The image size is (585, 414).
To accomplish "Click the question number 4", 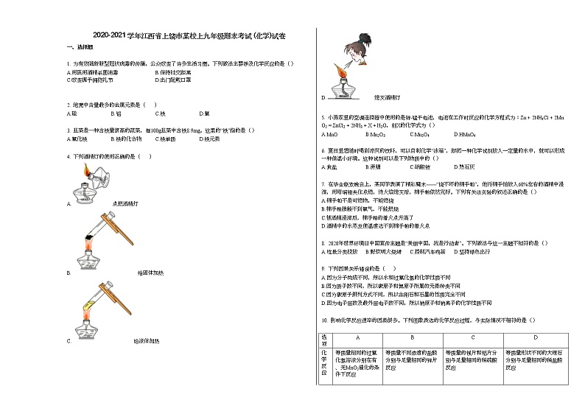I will pyautogui.click(x=67, y=156).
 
